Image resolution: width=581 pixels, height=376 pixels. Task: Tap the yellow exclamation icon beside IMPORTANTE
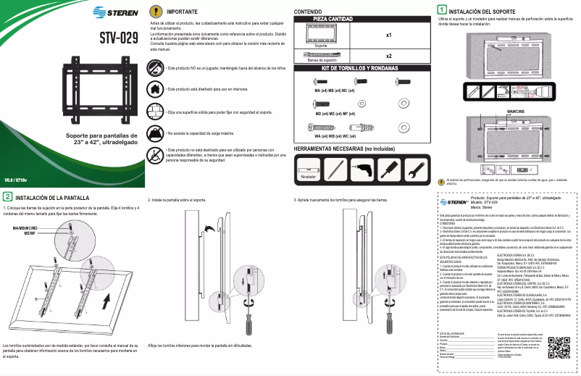coord(155,12)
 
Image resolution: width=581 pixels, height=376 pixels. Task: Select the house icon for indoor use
coord(155,88)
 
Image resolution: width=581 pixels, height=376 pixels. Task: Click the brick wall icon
coord(155,112)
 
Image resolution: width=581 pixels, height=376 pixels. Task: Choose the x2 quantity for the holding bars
coord(388,56)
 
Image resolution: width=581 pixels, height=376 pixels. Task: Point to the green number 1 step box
coord(442,12)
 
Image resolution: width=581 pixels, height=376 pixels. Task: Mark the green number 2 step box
coord(7,196)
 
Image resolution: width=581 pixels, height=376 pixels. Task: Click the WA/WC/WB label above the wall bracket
coord(516,111)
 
